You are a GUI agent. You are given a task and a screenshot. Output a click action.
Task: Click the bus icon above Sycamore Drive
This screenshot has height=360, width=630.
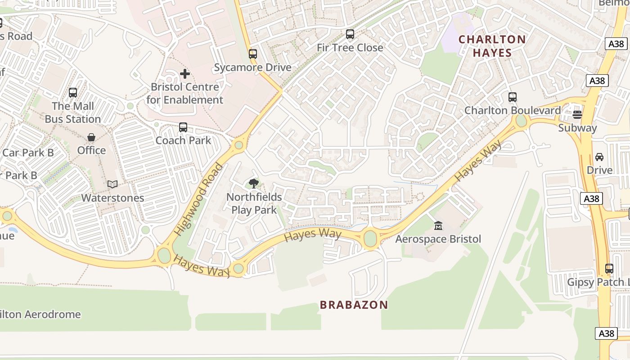(x=253, y=54)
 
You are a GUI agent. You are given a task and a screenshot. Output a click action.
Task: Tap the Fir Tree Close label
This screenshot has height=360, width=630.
(x=350, y=48)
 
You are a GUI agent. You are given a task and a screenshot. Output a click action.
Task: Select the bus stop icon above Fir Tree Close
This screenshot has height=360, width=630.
(x=350, y=34)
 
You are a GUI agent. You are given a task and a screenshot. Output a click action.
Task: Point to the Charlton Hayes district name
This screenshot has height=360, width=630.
(x=492, y=46)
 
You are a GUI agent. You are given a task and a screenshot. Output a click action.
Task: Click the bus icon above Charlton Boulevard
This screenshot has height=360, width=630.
(x=512, y=97)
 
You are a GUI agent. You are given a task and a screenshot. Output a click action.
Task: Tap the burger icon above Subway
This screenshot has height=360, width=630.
(x=577, y=114)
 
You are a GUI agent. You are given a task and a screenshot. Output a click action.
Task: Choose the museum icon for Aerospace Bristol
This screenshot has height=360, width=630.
(x=438, y=225)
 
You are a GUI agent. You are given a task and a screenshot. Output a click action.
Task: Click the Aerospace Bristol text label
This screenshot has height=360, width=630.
(x=438, y=239)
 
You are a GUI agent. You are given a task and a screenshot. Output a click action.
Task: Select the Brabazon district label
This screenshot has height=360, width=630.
(x=354, y=305)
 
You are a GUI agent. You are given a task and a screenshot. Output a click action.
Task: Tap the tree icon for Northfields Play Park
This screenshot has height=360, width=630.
(x=254, y=183)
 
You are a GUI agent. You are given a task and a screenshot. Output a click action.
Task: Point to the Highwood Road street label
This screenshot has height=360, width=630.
(x=198, y=199)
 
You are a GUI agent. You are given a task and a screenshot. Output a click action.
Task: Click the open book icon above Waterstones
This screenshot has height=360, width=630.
(x=112, y=184)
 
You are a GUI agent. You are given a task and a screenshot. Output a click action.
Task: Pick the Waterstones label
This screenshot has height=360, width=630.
(x=112, y=198)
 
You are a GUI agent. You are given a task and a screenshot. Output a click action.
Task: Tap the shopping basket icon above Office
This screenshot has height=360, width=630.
(x=91, y=137)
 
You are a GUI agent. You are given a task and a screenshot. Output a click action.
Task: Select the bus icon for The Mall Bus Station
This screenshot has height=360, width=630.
(x=73, y=93)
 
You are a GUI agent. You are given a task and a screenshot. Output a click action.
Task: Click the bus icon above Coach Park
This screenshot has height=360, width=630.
(x=183, y=127)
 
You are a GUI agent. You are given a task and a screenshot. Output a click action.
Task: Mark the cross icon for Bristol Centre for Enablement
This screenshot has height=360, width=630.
(x=184, y=74)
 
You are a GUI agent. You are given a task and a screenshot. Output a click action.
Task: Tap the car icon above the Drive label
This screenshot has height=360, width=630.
(x=599, y=157)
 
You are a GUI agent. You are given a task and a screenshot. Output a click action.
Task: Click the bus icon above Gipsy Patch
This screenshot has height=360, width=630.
(x=609, y=269)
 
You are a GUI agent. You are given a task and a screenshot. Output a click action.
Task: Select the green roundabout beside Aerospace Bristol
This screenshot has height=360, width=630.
(x=370, y=238)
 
